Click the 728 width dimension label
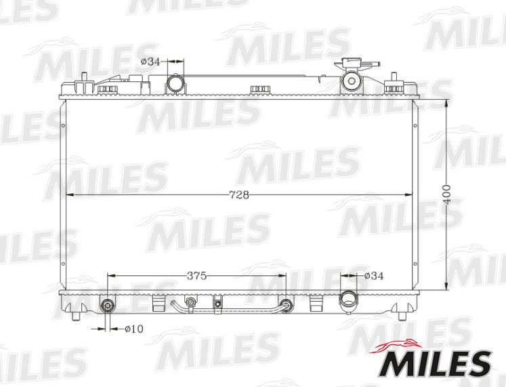(x=239, y=195)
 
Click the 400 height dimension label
(x=446, y=195)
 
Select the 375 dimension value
(x=196, y=276)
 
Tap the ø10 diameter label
(x=134, y=329)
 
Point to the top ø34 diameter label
(x=150, y=62)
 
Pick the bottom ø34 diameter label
(x=374, y=276)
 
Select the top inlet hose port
(x=175, y=83)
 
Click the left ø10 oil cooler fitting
(x=108, y=305)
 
